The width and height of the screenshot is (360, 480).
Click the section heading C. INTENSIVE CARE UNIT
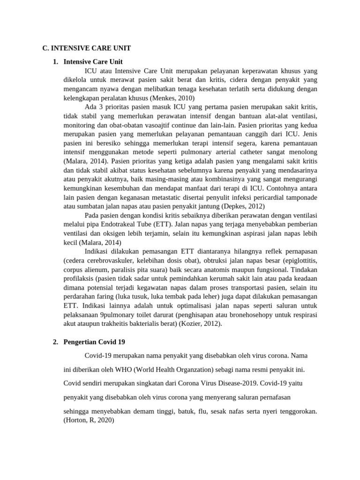pyautogui.click(x=86, y=48)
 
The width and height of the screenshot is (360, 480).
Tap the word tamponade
pyautogui.click(x=300, y=197)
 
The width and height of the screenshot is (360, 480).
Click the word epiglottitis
pyautogui.click(x=297, y=261)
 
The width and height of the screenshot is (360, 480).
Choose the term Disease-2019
pyautogui.click(x=226, y=383)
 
